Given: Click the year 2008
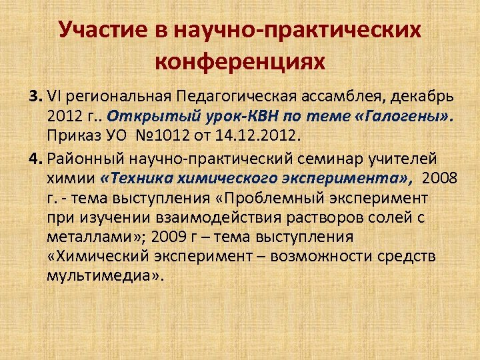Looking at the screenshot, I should pos(440,178).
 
